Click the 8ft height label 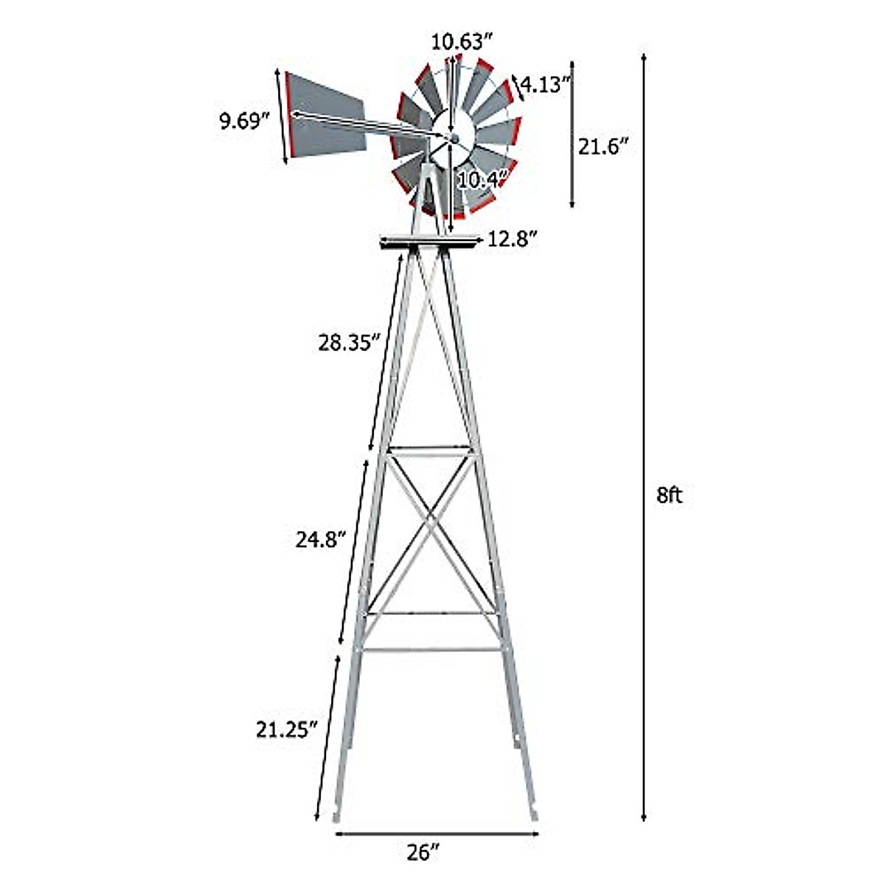tap(669, 496)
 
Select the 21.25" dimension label tap(287, 729)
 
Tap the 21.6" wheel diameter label tap(603, 147)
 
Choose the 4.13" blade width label tap(546, 85)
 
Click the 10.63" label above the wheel tap(461, 42)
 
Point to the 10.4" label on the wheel tap(483, 178)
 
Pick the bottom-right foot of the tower tap(533, 815)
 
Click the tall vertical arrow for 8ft tap(644, 442)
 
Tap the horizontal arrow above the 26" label tap(437, 834)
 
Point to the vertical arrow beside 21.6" tap(572, 134)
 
